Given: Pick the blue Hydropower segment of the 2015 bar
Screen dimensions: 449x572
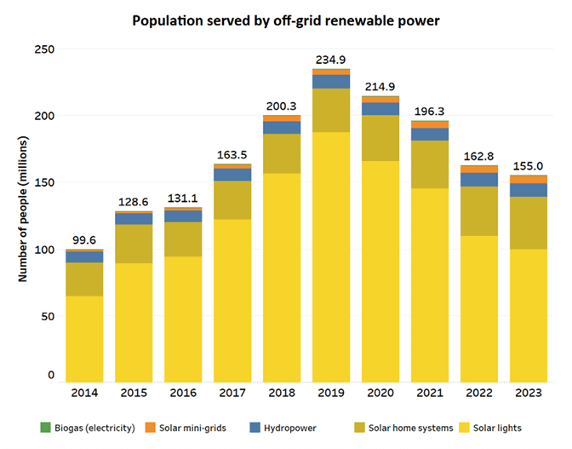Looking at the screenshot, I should tap(134, 219).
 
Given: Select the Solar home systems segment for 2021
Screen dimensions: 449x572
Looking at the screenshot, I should tap(429, 164).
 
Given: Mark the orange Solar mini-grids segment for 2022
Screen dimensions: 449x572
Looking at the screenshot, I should tap(478, 169).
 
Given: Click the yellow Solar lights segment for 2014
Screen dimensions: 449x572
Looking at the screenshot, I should tap(84, 337).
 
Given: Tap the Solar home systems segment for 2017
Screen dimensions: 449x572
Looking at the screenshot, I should tap(232, 200).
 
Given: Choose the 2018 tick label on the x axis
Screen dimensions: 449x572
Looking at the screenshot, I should tap(281, 393).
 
